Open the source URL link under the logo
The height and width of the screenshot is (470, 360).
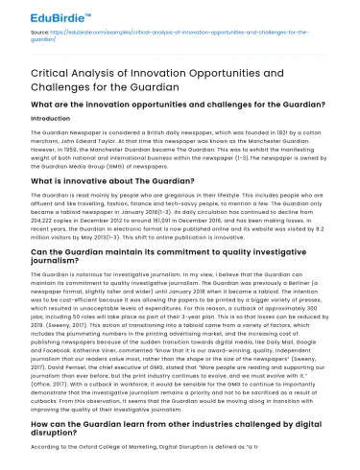click(192, 35)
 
